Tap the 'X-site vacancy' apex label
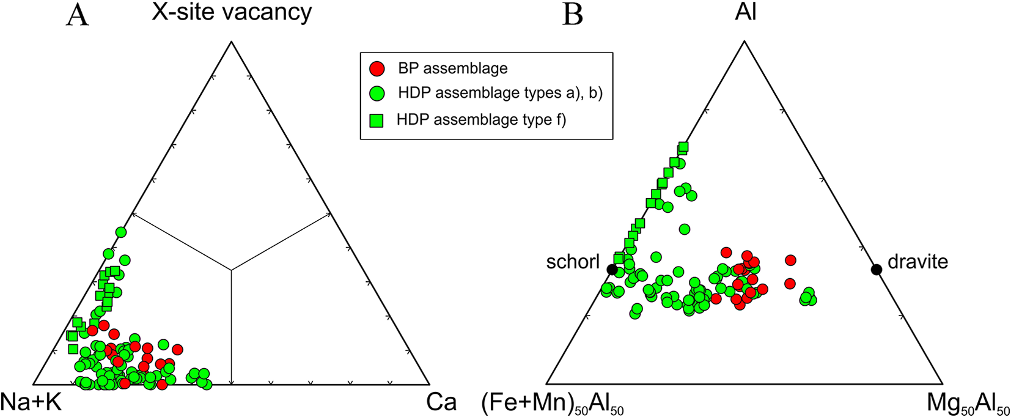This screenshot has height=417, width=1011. pyautogui.click(x=232, y=12)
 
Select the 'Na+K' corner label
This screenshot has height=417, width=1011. pyautogui.click(x=31, y=402)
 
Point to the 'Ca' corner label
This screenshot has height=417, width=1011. pyautogui.click(x=441, y=402)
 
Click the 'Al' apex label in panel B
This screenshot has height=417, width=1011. pyautogui.click(x=745, y=12)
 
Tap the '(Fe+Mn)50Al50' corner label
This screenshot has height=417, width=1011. pyautogui.click(x=553, y=404)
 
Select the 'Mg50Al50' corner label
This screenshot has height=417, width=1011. pyautogui.click(x=968, y=404)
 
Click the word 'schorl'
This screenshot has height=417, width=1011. pyautogui.click(x=573, y=262)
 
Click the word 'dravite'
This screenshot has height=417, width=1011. pyautogui.click(x=917, y=262)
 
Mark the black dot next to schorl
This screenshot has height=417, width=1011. pyautogui.click(x=612, y=270)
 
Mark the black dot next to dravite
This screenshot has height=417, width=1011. pyautogui.click(x=876, y=269)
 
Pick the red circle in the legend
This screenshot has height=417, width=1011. pyautogui.click(x=378, y=68)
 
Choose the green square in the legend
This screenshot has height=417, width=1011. pyautogui.click(x=378, y=120)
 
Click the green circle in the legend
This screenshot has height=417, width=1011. pyautogui.click(x=378, y=93)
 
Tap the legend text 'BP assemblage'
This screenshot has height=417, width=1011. pyautogui.click(x=452, y=68)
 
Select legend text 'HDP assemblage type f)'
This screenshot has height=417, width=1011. pyautogui.click(x=481, y=120)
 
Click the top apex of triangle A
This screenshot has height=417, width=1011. pyautogui.click(x=231, y=41)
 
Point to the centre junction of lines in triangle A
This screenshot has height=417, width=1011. pyautogui.click(x=231, y=270)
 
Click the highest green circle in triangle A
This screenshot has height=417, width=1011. pyautogui.click(x=121, y=232)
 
